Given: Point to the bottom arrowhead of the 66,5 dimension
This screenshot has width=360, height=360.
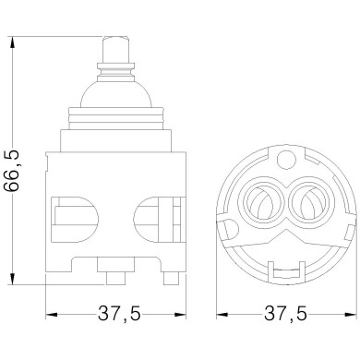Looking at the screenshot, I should point(13,280).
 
